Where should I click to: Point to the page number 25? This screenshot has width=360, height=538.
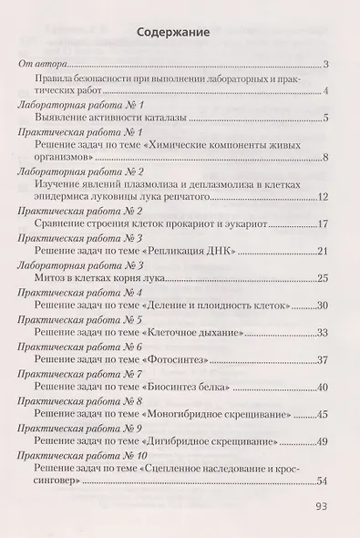coord(323,280)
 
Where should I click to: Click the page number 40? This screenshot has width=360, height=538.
coord(323,388)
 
